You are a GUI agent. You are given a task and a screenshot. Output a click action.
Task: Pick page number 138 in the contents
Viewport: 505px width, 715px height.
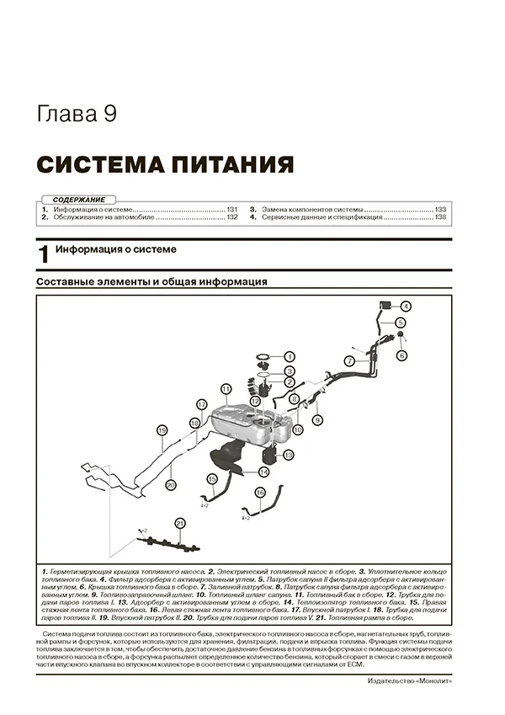point(439,217)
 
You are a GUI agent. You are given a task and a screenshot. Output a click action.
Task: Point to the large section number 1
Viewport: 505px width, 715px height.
point(43,255)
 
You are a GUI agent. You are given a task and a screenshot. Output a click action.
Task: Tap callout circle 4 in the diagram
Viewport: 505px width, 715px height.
point(405,307)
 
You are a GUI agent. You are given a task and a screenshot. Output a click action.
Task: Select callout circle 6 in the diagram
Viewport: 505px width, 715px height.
point(401,355)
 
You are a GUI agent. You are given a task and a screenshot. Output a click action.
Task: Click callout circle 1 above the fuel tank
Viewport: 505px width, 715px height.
point(288,356)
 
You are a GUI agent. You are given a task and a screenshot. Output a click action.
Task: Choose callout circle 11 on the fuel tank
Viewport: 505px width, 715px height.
point(226,389)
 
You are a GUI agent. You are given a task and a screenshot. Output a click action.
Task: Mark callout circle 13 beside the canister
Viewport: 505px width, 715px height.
point(288,455)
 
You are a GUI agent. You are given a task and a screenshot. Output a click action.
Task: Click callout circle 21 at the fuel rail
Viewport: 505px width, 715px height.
point(179,524)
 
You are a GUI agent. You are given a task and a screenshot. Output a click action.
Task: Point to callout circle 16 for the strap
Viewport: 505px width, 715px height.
point(259,492)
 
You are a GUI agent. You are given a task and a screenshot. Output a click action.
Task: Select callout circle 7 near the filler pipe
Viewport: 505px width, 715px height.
point(348,360)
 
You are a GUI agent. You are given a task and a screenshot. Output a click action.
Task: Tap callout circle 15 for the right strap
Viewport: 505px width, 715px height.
point(212,479)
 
